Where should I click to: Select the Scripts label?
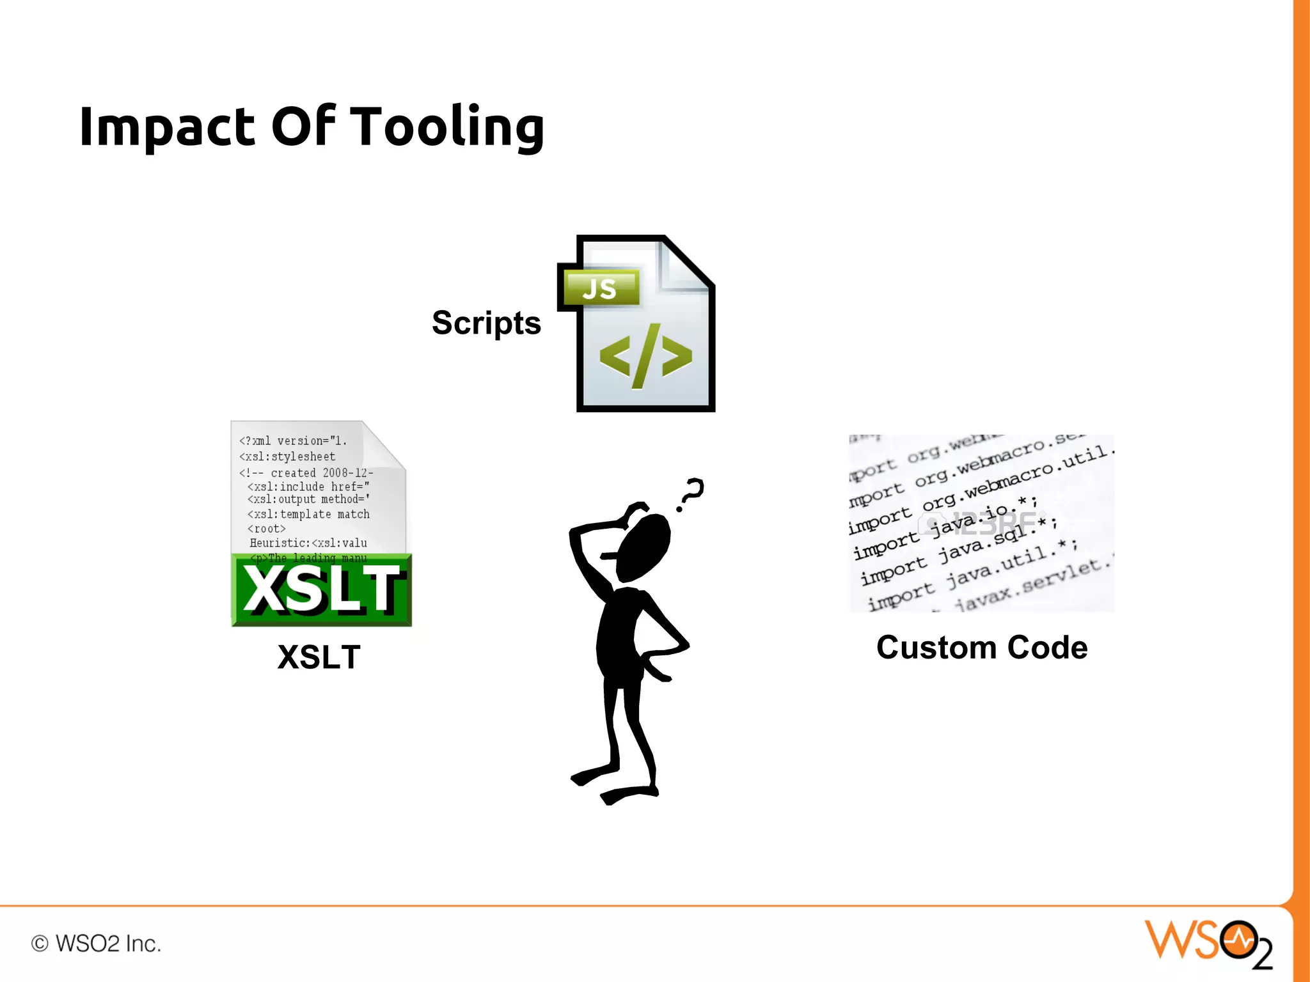tap(486, 323)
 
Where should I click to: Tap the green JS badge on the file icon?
tap(600, 288)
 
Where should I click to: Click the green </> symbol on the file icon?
tap(645, 356)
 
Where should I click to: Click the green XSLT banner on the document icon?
tap(322, 589)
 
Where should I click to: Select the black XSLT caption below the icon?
tap(319, 657)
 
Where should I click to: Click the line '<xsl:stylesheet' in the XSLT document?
tap(287, 456)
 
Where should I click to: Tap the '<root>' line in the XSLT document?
tap(266, 529)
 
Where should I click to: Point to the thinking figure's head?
tap(643, 547)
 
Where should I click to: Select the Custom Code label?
tap(981, 648)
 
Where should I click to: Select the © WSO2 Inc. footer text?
tap(96, 944)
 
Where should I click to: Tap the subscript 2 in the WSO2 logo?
tap(1262, 957)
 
